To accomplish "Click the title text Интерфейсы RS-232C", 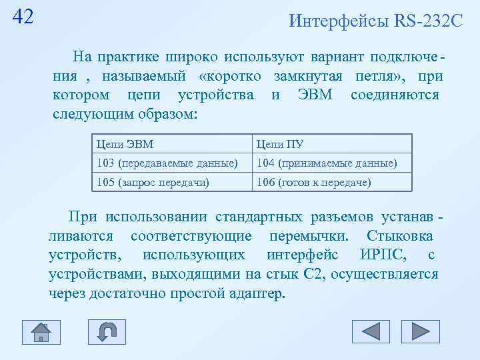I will tap(375, 21).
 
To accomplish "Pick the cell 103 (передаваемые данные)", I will tap(167, 163).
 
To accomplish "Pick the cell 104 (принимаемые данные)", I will tap(327, 163).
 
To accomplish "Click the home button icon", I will tap(41, 331).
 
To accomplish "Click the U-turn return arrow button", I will tap(107, 331).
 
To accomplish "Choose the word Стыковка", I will tap(400, 236).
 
